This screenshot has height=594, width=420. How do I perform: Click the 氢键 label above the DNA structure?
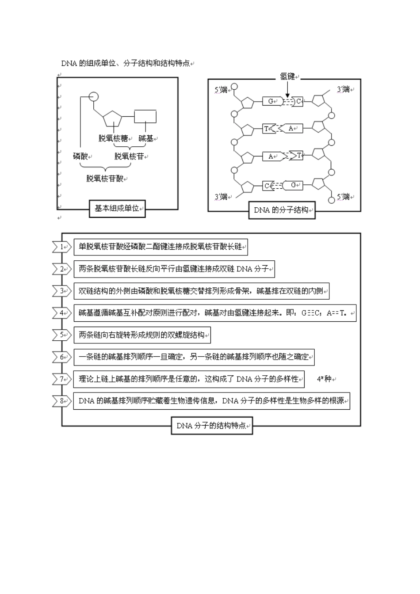[x=287, y=76]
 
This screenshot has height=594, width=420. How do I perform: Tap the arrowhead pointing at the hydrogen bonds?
[x=287, y=95]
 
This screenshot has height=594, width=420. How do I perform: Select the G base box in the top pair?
[x=272, y=101]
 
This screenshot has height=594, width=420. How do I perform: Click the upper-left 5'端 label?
[x=221, y=90]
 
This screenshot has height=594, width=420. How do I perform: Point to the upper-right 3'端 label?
[x=344, y=89]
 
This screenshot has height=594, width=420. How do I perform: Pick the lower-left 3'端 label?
[x=221, y=197]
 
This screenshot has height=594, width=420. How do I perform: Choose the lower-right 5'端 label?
[x=344, y=197]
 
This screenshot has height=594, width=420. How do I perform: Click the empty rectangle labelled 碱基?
[x=145, y=116]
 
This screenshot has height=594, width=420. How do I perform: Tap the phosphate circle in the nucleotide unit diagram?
[x=93, y=97]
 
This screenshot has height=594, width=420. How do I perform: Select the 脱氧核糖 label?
[x=113, y=138]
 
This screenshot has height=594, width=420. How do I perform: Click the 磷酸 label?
[x=80, y=156]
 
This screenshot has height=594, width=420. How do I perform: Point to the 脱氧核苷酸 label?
[x=105, y=179]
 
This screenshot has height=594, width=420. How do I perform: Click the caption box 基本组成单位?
[x=117, y=209]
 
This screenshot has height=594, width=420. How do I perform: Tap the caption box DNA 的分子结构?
[x=282, y=210]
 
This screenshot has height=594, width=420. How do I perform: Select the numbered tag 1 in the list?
[x=62, y=247]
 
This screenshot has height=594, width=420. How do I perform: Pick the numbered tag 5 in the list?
[x=62, y=335]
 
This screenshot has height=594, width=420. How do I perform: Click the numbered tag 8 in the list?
[x=62, y=401]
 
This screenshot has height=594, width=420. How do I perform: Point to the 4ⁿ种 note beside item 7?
[x=324, y=379]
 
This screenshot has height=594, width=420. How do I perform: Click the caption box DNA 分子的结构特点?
[x=212, y=426]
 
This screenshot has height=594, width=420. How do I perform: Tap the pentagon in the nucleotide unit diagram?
[x=112, y=119]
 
